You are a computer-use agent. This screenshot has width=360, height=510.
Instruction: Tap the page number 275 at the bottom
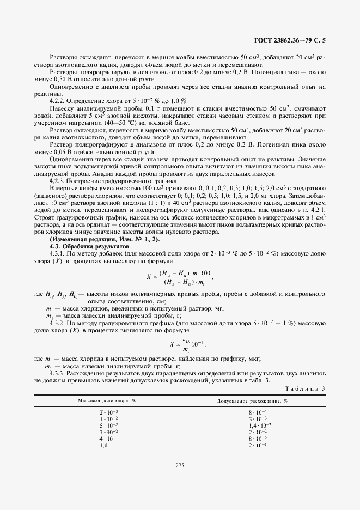click(x=180, y=465)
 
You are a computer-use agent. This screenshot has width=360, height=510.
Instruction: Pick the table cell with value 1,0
click(x=104, y=445)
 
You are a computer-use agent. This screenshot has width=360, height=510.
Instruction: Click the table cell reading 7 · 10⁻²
click(x=106, y=432)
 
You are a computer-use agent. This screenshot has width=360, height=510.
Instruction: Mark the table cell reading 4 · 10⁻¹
click(x=106, y=439)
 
